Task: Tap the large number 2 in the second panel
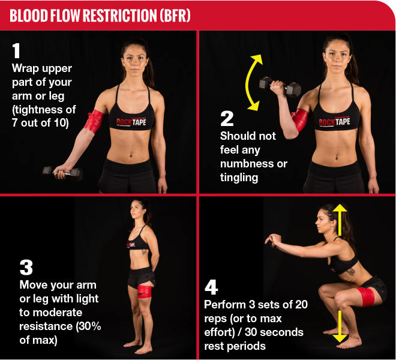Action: coord(227,118)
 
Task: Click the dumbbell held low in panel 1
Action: coord(62,173)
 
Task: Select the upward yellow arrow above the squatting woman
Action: coord(340,218)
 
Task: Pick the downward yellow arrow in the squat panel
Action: coord(340,327)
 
